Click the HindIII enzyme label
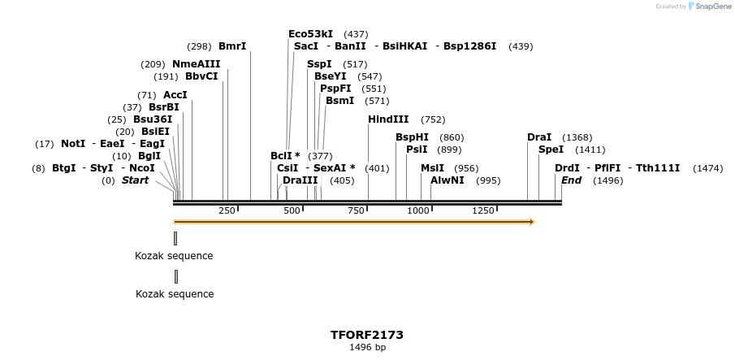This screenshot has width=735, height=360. [388, 119]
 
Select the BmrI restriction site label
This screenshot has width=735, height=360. [232, 46]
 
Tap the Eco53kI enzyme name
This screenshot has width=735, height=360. [310, 34]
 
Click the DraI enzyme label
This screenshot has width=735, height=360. [539, 137]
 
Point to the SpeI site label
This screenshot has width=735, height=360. [551, 150]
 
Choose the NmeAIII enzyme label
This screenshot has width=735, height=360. [196, 64]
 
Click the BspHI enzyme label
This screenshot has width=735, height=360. [412, 137]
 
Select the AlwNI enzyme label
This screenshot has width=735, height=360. [447, 180]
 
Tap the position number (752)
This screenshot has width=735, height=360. [433, 119]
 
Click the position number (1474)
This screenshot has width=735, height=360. [707, 168]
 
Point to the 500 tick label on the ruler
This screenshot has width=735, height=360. [292, 210]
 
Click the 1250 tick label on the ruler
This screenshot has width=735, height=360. [483, 210]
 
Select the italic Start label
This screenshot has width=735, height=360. [135, 180]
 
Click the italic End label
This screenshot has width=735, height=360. [571, 180]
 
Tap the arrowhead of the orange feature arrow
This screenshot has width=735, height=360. [532, 221]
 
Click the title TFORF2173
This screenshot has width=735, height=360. [367, 335]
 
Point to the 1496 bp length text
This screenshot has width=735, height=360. [367, 348]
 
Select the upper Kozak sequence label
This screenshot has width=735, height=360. [174, 256]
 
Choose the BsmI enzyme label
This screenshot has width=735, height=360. [339, 101]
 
